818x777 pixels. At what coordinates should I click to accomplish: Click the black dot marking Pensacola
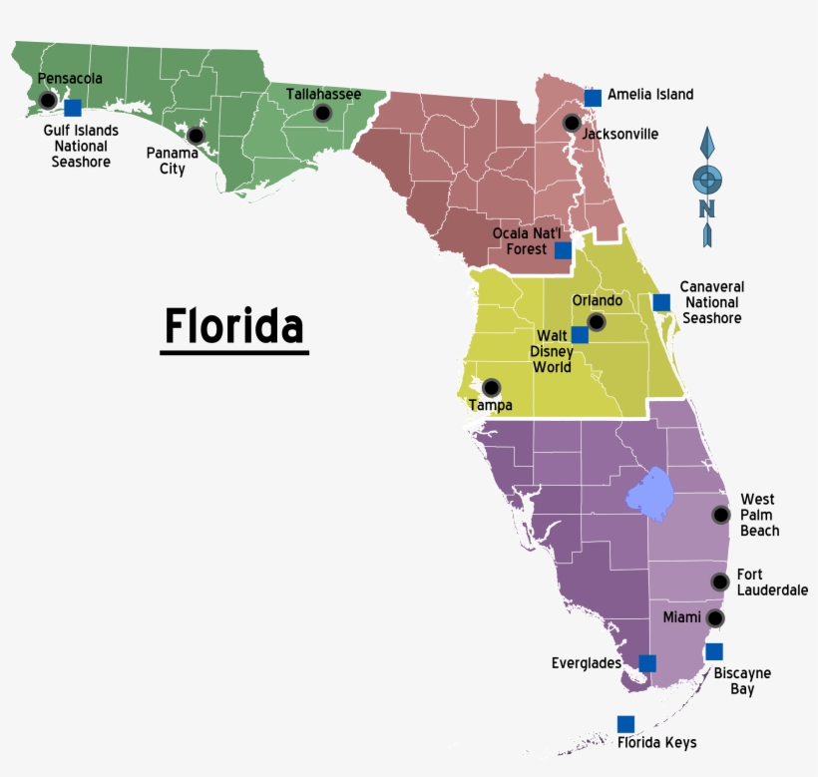point(47,100)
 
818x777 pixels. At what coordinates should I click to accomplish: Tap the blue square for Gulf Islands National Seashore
point(73,108)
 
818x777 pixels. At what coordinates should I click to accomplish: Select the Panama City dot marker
point(196,135)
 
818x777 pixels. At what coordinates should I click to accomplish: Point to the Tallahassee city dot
point(322,113)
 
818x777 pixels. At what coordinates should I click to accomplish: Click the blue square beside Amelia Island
point(593,97)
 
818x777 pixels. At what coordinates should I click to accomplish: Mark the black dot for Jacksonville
point(571,123)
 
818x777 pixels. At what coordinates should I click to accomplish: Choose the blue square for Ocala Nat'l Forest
point(564,250)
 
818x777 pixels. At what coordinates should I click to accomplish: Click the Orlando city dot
point(596,321)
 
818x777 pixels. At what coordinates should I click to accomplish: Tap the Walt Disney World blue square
point(580,335)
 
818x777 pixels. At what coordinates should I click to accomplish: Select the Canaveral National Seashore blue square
point(661,302)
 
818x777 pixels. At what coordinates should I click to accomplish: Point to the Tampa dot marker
point(491,387)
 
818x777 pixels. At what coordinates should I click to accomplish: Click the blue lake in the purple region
point(649,495)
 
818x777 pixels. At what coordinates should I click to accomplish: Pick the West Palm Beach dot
point(720,515)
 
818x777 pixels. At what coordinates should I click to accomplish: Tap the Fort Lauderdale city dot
point(719,582)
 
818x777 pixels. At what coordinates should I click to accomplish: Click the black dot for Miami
point(714,618)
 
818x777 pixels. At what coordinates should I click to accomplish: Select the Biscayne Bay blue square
point(714,651)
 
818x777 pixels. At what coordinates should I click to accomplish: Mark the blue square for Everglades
point(647,663)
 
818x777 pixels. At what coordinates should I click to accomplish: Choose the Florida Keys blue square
point(625,724)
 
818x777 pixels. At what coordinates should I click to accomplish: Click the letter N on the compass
point(707,208)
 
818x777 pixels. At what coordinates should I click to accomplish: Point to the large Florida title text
point(234,326)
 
